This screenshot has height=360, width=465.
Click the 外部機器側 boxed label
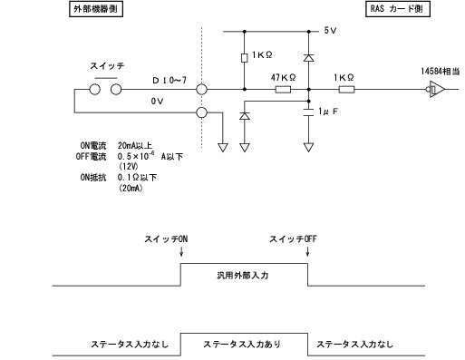98,10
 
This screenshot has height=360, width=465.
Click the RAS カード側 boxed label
397,10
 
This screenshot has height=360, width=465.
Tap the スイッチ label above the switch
107,66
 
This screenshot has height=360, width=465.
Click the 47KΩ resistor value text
282,79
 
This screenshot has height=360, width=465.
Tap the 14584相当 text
439,70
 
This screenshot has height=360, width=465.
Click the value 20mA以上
134,144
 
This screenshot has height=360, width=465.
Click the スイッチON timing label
166,238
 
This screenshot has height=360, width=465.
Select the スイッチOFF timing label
293,238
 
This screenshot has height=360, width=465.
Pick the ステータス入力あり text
241,344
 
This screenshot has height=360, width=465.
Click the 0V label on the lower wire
157,102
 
